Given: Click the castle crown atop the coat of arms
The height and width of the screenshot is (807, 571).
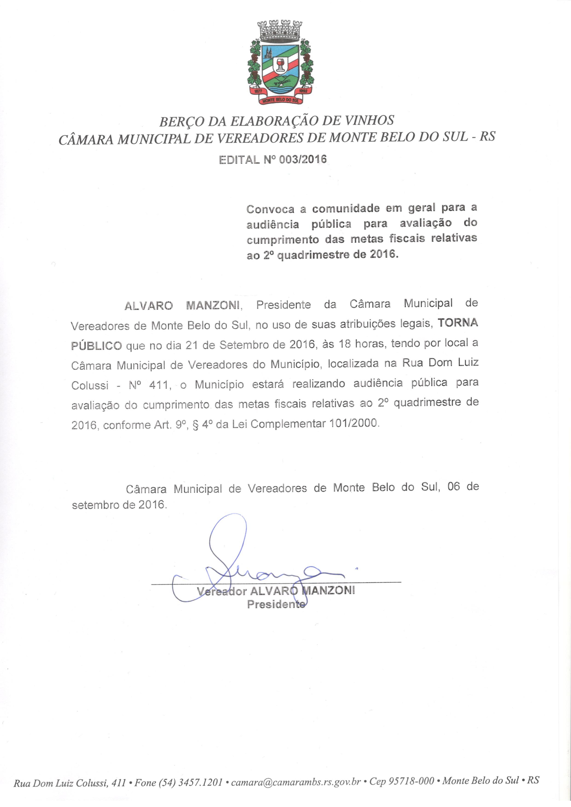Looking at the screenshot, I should pos(280,31).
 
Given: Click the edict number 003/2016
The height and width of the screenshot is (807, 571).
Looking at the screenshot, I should pos(302,160).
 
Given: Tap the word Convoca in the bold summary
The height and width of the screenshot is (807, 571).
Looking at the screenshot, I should pos(270,209).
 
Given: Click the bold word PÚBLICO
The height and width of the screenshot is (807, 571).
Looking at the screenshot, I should pos(96,346).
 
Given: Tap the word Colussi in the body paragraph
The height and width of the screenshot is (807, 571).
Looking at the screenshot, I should pos(90,386).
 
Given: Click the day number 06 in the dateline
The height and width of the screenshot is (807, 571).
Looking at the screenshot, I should pos(454,487).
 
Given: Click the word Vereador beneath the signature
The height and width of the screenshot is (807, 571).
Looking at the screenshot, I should pos(222,591).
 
